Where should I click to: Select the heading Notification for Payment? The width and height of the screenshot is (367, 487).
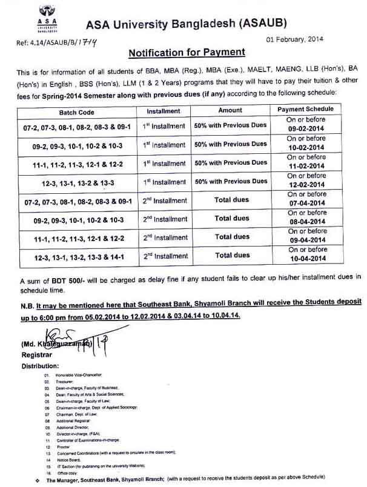tap(187, 53)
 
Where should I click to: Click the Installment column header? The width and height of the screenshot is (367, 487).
tap(164, 111)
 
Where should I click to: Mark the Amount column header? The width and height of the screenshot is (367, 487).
tap(230, 111)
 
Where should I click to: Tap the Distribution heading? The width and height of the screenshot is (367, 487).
tap(41, 366)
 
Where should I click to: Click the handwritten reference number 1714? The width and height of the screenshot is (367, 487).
tap(88, 42)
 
